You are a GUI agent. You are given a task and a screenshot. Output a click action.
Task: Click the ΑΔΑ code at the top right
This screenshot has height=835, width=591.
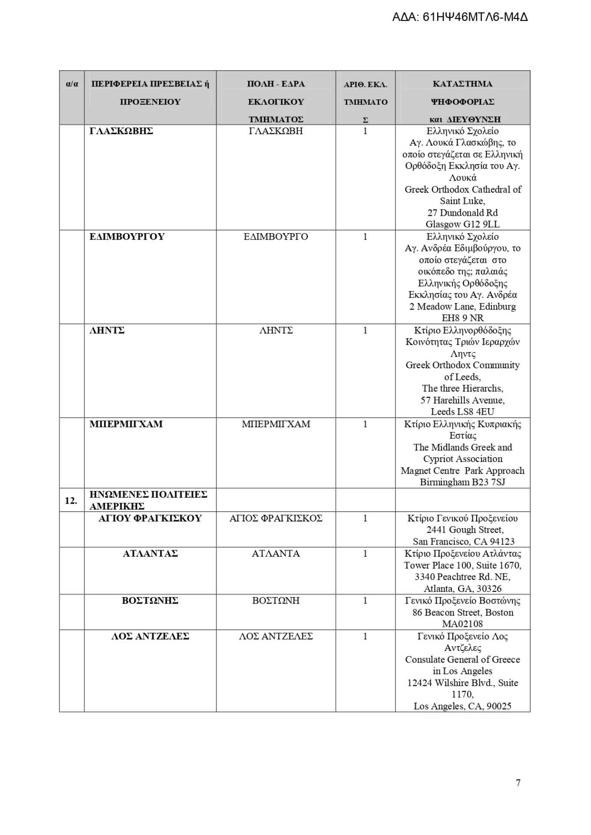[460, 17]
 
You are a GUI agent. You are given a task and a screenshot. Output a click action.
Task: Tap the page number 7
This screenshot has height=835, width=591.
[518, 782]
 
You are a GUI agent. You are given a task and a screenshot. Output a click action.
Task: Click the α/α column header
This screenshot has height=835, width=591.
[72, 84]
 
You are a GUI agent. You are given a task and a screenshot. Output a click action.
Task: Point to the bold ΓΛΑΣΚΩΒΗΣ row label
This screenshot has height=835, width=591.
[121, 131]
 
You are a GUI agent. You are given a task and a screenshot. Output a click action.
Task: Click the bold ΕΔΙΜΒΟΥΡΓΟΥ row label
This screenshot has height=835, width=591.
[127, 237]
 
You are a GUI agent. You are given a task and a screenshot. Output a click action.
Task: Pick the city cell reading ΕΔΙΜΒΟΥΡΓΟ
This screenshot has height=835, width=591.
[276, 237]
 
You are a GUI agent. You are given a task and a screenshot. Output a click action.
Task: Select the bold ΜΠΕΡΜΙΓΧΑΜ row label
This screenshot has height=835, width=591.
[126, 424]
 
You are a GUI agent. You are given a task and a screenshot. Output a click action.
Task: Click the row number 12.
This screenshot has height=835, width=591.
[71, 501]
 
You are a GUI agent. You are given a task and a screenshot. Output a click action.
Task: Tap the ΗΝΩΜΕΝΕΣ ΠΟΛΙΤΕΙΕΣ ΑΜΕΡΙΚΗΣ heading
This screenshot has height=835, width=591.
[148, 500]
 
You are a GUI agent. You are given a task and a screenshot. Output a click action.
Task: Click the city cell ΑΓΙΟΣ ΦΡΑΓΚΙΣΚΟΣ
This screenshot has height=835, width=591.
[276, 518]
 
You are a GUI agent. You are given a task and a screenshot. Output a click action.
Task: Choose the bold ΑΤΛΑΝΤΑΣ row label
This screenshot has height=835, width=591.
[150, 554]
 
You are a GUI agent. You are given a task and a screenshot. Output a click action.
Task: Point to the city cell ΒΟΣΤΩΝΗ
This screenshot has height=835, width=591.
[276, 601]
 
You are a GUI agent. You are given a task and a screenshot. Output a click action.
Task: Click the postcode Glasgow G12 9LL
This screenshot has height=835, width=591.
[462, 224]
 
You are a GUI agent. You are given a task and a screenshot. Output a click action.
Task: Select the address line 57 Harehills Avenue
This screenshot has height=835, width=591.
[462, 400]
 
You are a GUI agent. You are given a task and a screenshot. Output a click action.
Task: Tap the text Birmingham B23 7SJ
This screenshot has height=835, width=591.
[462, 482]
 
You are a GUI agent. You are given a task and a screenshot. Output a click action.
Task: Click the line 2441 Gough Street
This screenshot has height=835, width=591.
[465, 530]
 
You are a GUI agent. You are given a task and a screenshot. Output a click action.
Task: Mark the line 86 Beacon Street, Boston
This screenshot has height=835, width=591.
[463, 613]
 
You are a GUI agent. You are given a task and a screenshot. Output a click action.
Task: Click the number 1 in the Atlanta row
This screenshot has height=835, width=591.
[365, 554]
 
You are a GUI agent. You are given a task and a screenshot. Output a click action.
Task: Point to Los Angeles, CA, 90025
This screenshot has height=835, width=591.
[462, 706]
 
